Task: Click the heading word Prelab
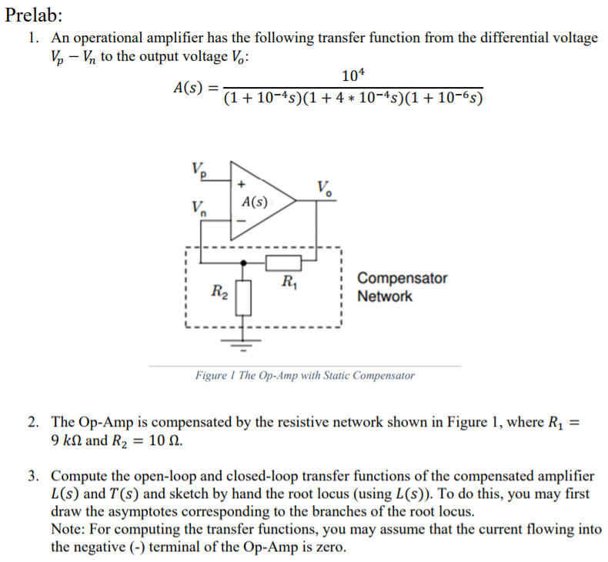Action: pos(34,15)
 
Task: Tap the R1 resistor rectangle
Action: pos(281,263)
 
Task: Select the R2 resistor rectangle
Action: pos(244,296)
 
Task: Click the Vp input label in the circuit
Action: pos(198,170)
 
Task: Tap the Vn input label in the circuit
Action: pos(199,209)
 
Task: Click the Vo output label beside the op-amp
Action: pos(325,186)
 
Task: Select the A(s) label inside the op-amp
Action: pos(255,202)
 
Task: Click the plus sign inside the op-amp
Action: pos(242,185)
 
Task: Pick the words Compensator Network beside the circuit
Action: pos(402,287)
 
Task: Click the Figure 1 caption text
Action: pos(305,376)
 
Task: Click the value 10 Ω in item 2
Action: pos(159,442)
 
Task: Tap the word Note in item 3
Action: pos(68,529)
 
